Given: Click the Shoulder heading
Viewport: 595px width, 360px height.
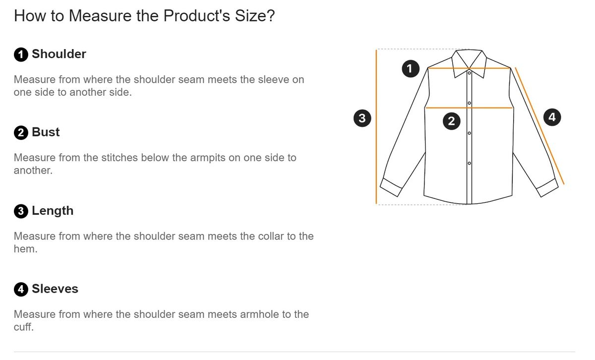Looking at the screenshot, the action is click(x=59, y=54).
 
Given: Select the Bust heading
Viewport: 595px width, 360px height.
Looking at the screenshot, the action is click(x=46, y=132).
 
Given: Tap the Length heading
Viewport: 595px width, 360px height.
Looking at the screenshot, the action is click(x=53, y=211).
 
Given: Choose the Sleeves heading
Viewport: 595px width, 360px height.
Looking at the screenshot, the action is click(x=55, y=289).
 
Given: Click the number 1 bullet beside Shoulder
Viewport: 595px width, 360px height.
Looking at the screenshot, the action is click(x=21, y=55).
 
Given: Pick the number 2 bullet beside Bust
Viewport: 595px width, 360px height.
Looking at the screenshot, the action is click(x=21, y=133).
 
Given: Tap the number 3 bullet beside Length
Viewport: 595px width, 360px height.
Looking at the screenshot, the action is click(x=21, y=211).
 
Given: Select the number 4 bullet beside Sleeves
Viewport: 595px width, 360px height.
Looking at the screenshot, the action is click(x=21, y=289).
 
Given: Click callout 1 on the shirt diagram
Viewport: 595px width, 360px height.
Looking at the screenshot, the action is click(x=411, y=68).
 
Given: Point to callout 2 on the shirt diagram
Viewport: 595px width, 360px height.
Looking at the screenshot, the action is click(x=452, y=121).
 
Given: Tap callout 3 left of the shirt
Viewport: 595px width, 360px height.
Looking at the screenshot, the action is click(x=362, y=118).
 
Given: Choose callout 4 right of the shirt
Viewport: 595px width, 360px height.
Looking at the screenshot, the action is click(x=552, y=117).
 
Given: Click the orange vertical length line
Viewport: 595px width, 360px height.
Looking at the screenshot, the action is click(x=376, y=127).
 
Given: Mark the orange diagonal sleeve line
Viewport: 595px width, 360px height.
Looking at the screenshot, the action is click(x=540, y=126).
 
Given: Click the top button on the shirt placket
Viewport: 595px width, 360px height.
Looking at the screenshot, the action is click(x=470, y=73).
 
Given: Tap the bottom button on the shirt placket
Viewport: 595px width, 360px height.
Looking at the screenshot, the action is click(x=470, y=163).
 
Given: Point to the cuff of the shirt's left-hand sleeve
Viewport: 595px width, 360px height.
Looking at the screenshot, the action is click(x=391, y=187).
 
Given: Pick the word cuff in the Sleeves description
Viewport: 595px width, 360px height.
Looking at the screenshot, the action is click(x=24, y=327).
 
